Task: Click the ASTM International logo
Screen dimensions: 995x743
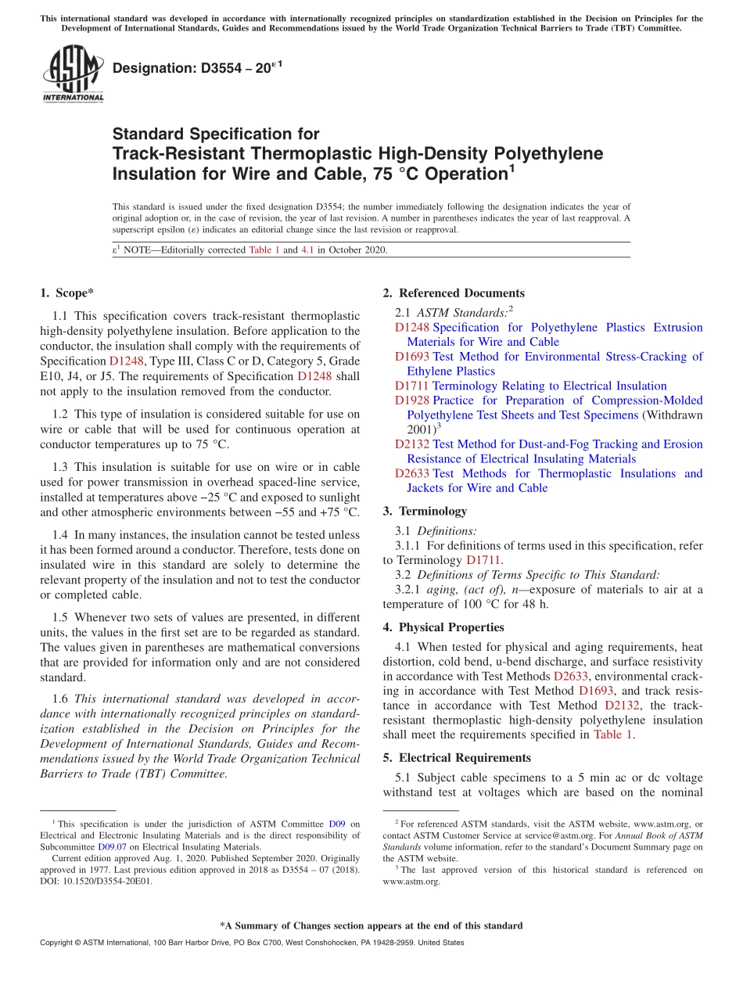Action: pos(72,74)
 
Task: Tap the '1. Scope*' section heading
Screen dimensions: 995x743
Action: pos(66,293)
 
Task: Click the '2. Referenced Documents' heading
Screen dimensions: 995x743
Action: pos(454,293)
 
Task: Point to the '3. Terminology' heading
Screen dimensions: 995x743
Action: pos(425,511)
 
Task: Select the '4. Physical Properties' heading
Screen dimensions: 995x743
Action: pos(443,627)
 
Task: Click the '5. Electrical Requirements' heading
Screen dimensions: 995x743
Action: pos(457,758)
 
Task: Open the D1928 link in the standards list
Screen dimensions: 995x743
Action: pos(411,401)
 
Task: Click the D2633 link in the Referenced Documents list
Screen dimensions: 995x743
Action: pos(411,473)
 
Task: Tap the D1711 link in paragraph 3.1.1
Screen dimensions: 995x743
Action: pos(483,560)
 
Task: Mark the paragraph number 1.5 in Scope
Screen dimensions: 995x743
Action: pos(60,617)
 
